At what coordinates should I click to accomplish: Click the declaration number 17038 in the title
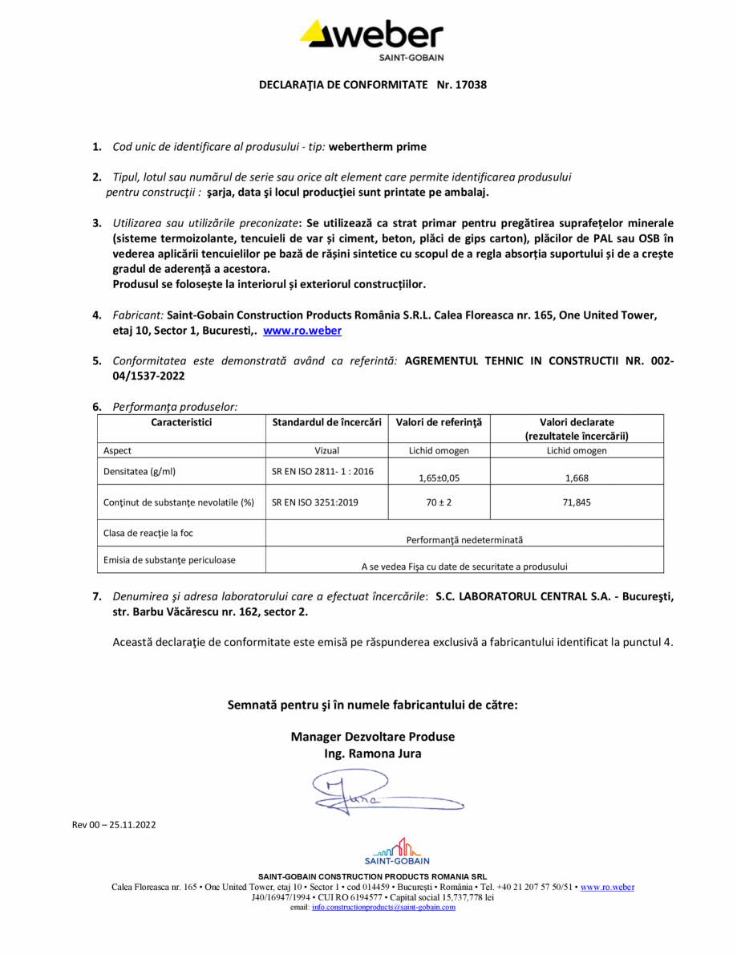pos(471,83)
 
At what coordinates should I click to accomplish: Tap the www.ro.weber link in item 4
pos(302,331)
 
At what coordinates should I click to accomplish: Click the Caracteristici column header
pos(181,422)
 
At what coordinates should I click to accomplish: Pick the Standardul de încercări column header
pos(326,422)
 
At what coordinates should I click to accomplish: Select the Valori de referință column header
pos(439,422)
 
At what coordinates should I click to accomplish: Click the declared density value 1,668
pos(576,477)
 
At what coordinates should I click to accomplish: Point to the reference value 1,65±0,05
pos(439,477)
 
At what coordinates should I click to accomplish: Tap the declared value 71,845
pos(576,503)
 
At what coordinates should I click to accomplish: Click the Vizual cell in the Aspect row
pos(326,451)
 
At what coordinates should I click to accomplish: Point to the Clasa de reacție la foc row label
pos(148,533)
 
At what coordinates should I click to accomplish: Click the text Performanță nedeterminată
pos(464,540)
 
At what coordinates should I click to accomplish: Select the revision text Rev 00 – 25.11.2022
pos(113,824)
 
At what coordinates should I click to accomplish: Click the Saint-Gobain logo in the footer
pos(396,851)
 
